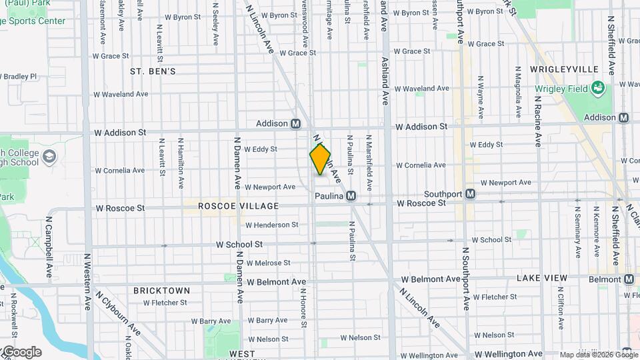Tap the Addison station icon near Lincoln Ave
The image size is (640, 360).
295,123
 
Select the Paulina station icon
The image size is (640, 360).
351,196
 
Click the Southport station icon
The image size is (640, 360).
471,194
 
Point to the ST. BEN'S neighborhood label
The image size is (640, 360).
153,71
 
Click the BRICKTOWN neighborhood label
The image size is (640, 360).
161,291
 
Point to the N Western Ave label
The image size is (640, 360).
87,281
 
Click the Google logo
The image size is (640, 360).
21,352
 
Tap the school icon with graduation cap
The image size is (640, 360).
49,157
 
